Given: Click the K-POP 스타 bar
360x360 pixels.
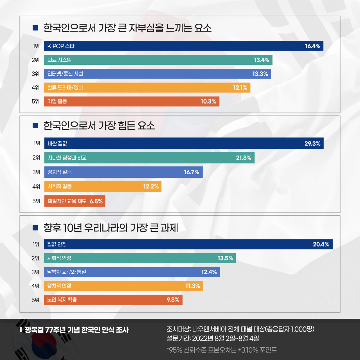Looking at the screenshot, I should click(183, 46).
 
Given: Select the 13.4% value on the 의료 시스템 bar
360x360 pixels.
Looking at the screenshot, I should click(262, 60).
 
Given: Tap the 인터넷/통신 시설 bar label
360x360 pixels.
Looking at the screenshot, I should click(65, 74).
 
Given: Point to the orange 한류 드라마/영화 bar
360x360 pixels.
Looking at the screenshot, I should click(147, 88).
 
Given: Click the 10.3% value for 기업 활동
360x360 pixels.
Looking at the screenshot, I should click(208, 102).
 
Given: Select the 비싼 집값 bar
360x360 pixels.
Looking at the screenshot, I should click(184, 143).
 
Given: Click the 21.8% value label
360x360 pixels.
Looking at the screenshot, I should click(244, 158).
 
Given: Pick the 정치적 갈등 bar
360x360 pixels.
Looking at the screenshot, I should click(123, 172).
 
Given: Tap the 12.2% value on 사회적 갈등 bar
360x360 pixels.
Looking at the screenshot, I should click(151, 186).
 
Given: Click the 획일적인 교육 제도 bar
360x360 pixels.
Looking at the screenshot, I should click(75, 201).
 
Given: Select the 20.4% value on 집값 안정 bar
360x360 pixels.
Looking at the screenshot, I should click(321, 244).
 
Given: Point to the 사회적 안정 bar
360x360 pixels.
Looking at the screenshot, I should click(139, 258).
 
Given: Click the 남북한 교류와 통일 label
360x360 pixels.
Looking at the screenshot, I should click(67, 272).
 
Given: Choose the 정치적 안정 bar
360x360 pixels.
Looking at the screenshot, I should click(123, 286).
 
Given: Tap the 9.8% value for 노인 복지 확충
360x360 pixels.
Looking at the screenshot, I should click(173, 300).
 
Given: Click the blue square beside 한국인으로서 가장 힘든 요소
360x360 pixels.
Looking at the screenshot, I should click(35, 125).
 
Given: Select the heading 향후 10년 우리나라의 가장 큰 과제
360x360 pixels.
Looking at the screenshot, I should click(111, 228).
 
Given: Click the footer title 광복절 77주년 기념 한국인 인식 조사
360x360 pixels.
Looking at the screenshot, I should click(76, 330).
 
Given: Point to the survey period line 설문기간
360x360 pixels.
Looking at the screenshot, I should click(213, 338).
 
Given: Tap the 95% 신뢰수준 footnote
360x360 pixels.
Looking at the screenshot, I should click(222, 350).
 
